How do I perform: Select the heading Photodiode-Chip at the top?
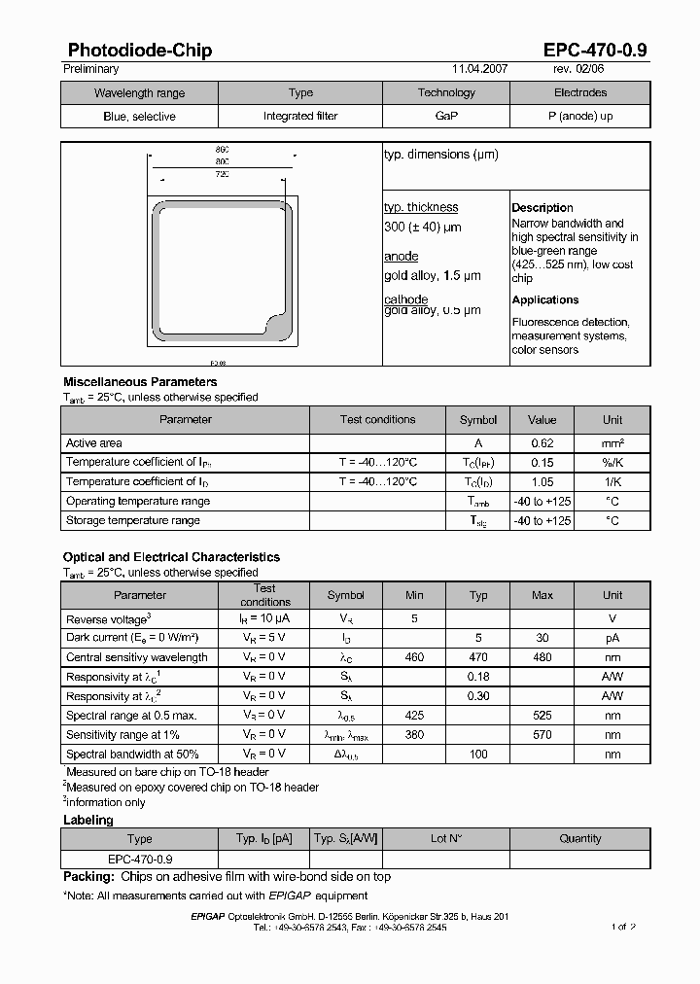coord(140,51)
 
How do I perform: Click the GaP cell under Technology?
coord(446,116)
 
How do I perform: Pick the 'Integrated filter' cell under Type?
coord(300,116)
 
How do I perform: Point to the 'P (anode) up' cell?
coord(579,116)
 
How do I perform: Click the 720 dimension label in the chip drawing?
coord(222,174)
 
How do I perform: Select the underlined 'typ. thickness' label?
coord(421,207)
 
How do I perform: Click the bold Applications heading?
coord(545,300)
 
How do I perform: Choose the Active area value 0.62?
coord(542,443)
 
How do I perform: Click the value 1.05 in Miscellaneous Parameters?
coord(542,482)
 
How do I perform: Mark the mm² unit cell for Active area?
coord(612,443)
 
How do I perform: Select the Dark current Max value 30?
coord(542,638)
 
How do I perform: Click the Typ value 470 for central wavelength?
coord(478,657)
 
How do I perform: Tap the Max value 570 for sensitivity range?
coord(542,735)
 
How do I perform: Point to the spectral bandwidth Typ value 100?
coord(478,755)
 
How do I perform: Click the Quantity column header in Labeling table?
coord(580,838)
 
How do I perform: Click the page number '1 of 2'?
coord(623,928)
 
